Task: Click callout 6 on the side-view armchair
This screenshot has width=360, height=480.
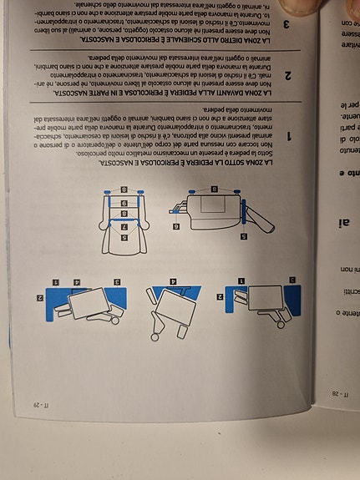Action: (176, 225)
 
